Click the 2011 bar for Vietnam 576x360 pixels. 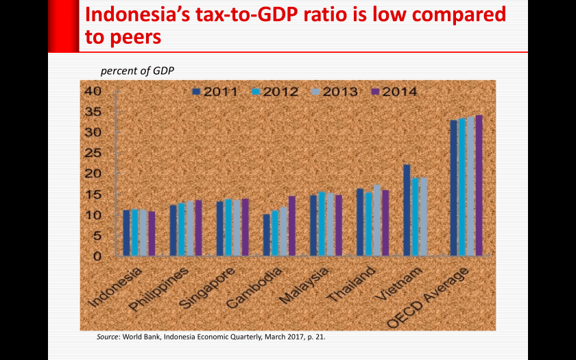pyautogui.click(x=407, y=210)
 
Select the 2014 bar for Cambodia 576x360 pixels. pyautogui.click(x=291, y=226)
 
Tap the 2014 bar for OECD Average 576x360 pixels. pyautogui.click(x=479, y=185)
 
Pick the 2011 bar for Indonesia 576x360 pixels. pyautogui.click(x=126, y=233)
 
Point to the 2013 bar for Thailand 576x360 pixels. pyautogui.click(x=376, y=220)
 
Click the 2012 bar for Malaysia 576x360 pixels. pyautogui.click(x=322, y=224)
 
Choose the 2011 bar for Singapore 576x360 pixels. pyautogui.click(x=220, y=228)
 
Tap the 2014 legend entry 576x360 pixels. pyautogui.click(x=394, y=91)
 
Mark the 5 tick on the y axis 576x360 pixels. pyautogui.click(x=97, y=236)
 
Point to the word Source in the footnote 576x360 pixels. pyautogui.click(x=108, y=337)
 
